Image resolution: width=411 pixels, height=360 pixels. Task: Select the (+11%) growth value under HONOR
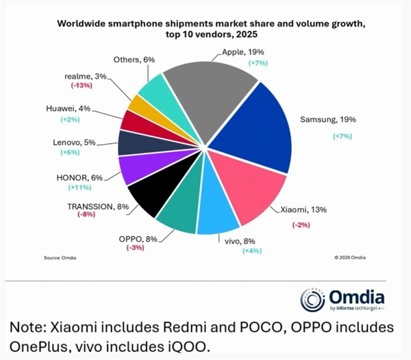tap(81, 187)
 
